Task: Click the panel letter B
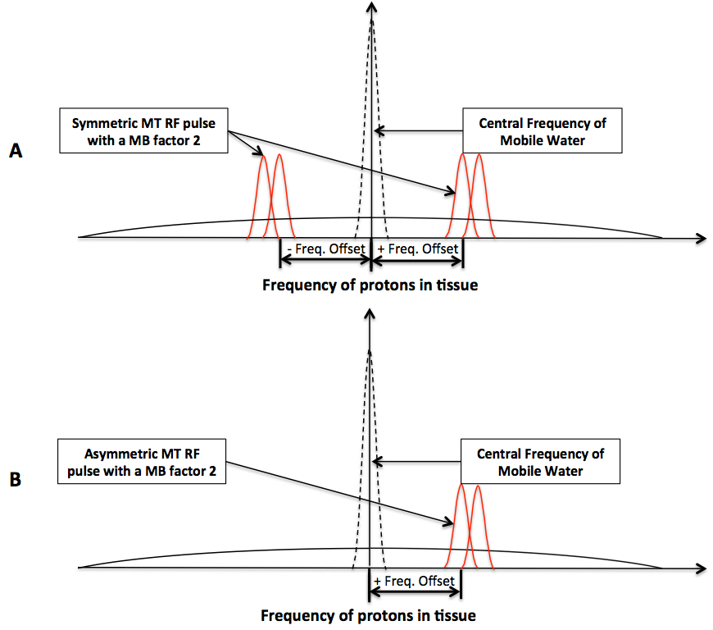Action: point(16,481)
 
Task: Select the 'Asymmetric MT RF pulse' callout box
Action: point(143,461)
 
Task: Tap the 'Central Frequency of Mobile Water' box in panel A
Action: point(542,132)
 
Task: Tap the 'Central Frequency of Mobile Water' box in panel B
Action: point(540,462)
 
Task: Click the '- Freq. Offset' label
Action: point(325,247)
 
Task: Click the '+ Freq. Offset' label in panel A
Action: point(418,247)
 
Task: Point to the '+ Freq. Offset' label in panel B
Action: point(414,581)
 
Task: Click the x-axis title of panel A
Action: point(370,285)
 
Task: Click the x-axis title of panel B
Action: point(368,614)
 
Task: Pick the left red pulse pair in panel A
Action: point(271,197)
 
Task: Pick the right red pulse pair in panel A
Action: point(470,197)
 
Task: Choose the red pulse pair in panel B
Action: point(468,527)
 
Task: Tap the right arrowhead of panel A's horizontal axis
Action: point(702,238)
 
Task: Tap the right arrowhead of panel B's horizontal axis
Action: point(702,568)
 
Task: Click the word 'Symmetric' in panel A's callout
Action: point(102,124)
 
